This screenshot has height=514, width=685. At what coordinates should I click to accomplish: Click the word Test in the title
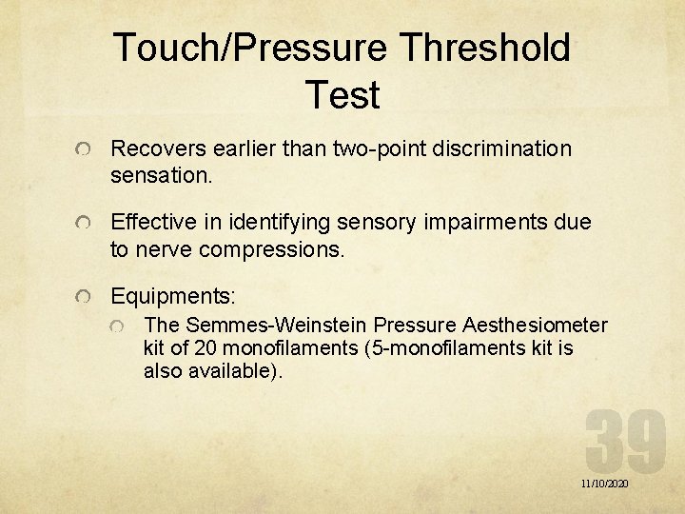coord(342,95)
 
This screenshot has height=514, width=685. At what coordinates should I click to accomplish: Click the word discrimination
coord(502,148)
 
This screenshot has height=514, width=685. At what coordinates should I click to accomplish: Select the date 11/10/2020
coord(604,484)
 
